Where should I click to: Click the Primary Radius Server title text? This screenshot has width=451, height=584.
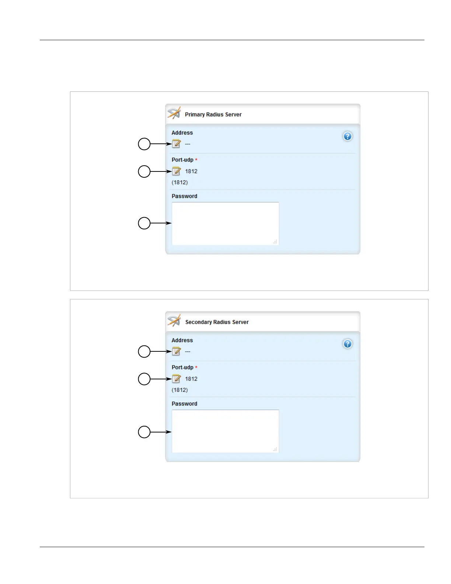coord(213,115)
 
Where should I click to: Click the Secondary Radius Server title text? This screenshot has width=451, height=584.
coord(217,322)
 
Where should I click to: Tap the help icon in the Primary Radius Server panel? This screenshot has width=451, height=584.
coord(347,136)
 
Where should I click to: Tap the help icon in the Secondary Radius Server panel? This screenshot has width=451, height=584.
coord(347,344)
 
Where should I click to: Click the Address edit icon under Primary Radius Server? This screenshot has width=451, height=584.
coord(176,144)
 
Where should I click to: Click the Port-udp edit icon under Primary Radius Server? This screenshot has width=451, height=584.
coord(176,171)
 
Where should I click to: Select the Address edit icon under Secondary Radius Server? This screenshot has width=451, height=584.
coord(176,351)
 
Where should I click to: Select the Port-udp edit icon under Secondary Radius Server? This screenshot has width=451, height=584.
coord(176,379)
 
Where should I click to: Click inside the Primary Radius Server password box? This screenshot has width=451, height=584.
coord(225,223)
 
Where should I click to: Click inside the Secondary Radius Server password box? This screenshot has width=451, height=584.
coord(225,431)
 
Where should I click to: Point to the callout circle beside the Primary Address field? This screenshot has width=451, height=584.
coord(144,144)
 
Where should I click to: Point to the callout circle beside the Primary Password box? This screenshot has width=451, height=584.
coord(144,223)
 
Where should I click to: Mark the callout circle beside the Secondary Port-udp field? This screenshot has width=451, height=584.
coord(144,379)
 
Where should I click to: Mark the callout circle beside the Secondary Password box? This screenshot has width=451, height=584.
coord(144,432)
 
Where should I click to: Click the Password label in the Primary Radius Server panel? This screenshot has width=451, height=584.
coord(184,196)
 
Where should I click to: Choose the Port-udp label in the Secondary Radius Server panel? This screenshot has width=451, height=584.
coord(182,367)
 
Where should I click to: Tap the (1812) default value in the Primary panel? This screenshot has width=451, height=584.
coord(179,182)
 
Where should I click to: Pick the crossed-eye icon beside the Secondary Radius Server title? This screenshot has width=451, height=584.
coord(174,321)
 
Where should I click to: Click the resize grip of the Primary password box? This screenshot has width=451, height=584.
coord(275,242)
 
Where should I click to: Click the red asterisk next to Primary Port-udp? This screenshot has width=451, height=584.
coord(196,160)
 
